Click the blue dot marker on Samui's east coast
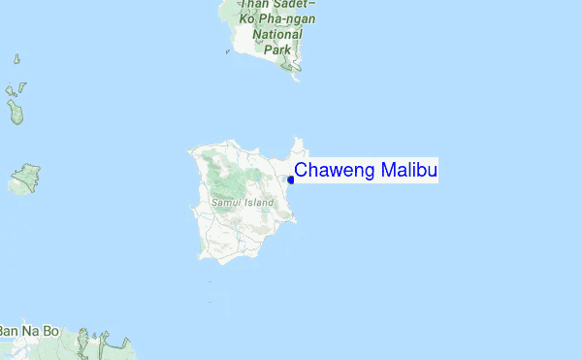(x=291, y=180)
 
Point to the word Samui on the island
(x=226, y=202)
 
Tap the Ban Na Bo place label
(x=30, y=332)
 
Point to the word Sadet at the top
(x=301, y=4)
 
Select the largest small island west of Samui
(x=25, y=179)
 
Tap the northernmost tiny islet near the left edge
(x=17, y=59)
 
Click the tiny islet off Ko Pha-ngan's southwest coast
(x=228, y=51)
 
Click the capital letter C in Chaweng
(x=301, y=172)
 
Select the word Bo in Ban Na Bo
(x=50, y=332)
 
